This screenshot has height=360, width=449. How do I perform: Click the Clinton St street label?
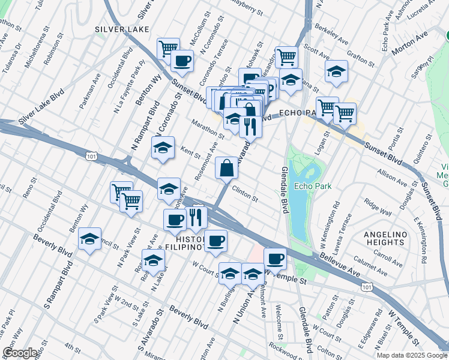pyautogui.click(x=246, y=197)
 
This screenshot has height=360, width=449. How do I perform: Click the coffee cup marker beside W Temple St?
pyautogui.click(x=275, y=259)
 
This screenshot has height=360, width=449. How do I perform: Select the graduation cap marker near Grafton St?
pyautogui.click(x=337, y=71)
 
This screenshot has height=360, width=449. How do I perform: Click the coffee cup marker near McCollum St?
pyautogui.click(x=182, y=60)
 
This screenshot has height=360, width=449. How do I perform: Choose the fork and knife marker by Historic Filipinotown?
pyautogui.click(x=196, y=218)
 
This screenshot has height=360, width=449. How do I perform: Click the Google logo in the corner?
pyautogui.click(x=20, y=352)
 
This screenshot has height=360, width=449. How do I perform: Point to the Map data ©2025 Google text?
pyautogui.click(x=411, y=355)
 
